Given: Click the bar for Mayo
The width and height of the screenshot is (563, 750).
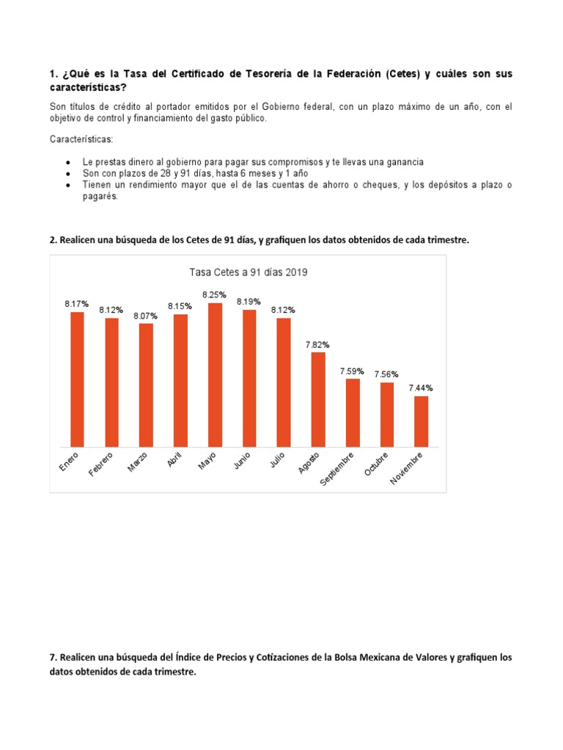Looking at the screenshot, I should pyautogui.click(x=215, y=374).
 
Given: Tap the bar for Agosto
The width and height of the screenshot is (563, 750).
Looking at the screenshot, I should pyautogui.click(x=318, y=399).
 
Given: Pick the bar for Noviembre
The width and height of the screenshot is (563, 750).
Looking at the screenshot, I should pyautogui.click(x=421, y=421).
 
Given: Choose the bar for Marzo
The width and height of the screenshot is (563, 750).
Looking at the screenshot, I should pyautogui.click(x=146, y=385).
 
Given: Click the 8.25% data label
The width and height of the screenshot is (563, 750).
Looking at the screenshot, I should pyautogui.click(x=215, y=294).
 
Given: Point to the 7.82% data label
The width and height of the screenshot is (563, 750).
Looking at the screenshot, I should pyautogui.click(x=318, y=344).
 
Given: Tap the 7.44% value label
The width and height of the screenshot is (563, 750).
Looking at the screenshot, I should pyautogui.click(x=421, y=388).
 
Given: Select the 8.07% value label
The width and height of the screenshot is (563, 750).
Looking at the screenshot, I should pyautogui.click(x=146, y=316).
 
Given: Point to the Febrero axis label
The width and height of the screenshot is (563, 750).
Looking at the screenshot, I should pyautogui.click(x=102, y=464).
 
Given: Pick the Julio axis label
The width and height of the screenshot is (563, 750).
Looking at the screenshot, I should pyautogui.click(x=278, y=460).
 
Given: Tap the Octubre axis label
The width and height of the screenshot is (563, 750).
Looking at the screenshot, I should pyautogui.click(x=376, y=465).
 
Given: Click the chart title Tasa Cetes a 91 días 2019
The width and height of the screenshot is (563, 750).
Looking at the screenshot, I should pyautogui.click(x=249, y=272).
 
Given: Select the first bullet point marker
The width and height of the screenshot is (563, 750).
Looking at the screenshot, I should pyautogui.click(x=68, y=162).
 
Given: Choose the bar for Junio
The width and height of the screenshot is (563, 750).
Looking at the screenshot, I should pyautogui.click(x=249, y=378).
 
